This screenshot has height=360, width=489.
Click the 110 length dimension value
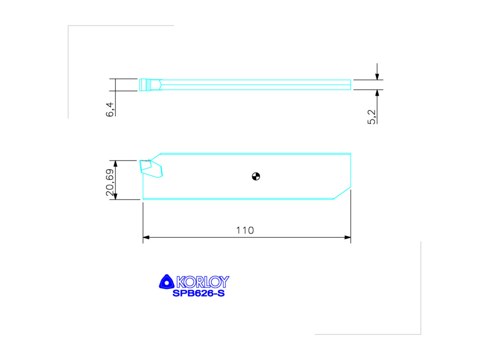click(245, 230)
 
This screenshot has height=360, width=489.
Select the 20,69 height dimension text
click(110, 182)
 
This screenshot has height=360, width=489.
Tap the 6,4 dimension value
click(110, 110)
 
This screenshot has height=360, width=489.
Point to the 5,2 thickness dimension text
click(372, 117)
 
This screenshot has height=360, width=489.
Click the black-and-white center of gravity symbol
click(256, 177)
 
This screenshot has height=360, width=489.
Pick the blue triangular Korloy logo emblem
click(167, 282)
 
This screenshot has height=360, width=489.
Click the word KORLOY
click(203, 282)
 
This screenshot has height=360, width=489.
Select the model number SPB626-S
click(199, 293)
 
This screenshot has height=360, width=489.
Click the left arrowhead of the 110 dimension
click(146, 237)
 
